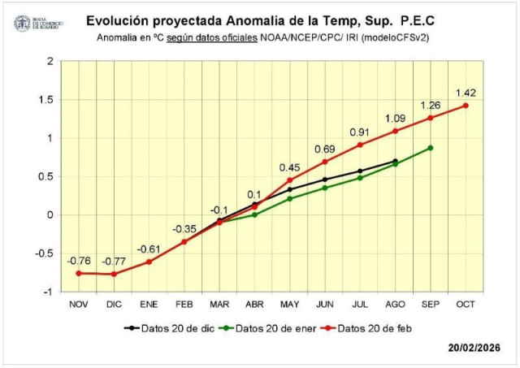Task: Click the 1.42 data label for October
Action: coord(466,92)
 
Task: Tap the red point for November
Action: coord(79,273)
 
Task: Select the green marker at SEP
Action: coord(431,148)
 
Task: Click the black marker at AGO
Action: coord(395,161)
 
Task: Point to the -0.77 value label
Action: coord(114,261)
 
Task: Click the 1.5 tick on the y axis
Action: coord(50,99)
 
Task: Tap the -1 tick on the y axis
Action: coord(51,292)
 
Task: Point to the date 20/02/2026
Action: coord(477,348)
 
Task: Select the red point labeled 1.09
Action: coord(395,131)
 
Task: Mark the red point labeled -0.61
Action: coord(149,262)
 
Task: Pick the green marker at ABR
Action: coord(254,214)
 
